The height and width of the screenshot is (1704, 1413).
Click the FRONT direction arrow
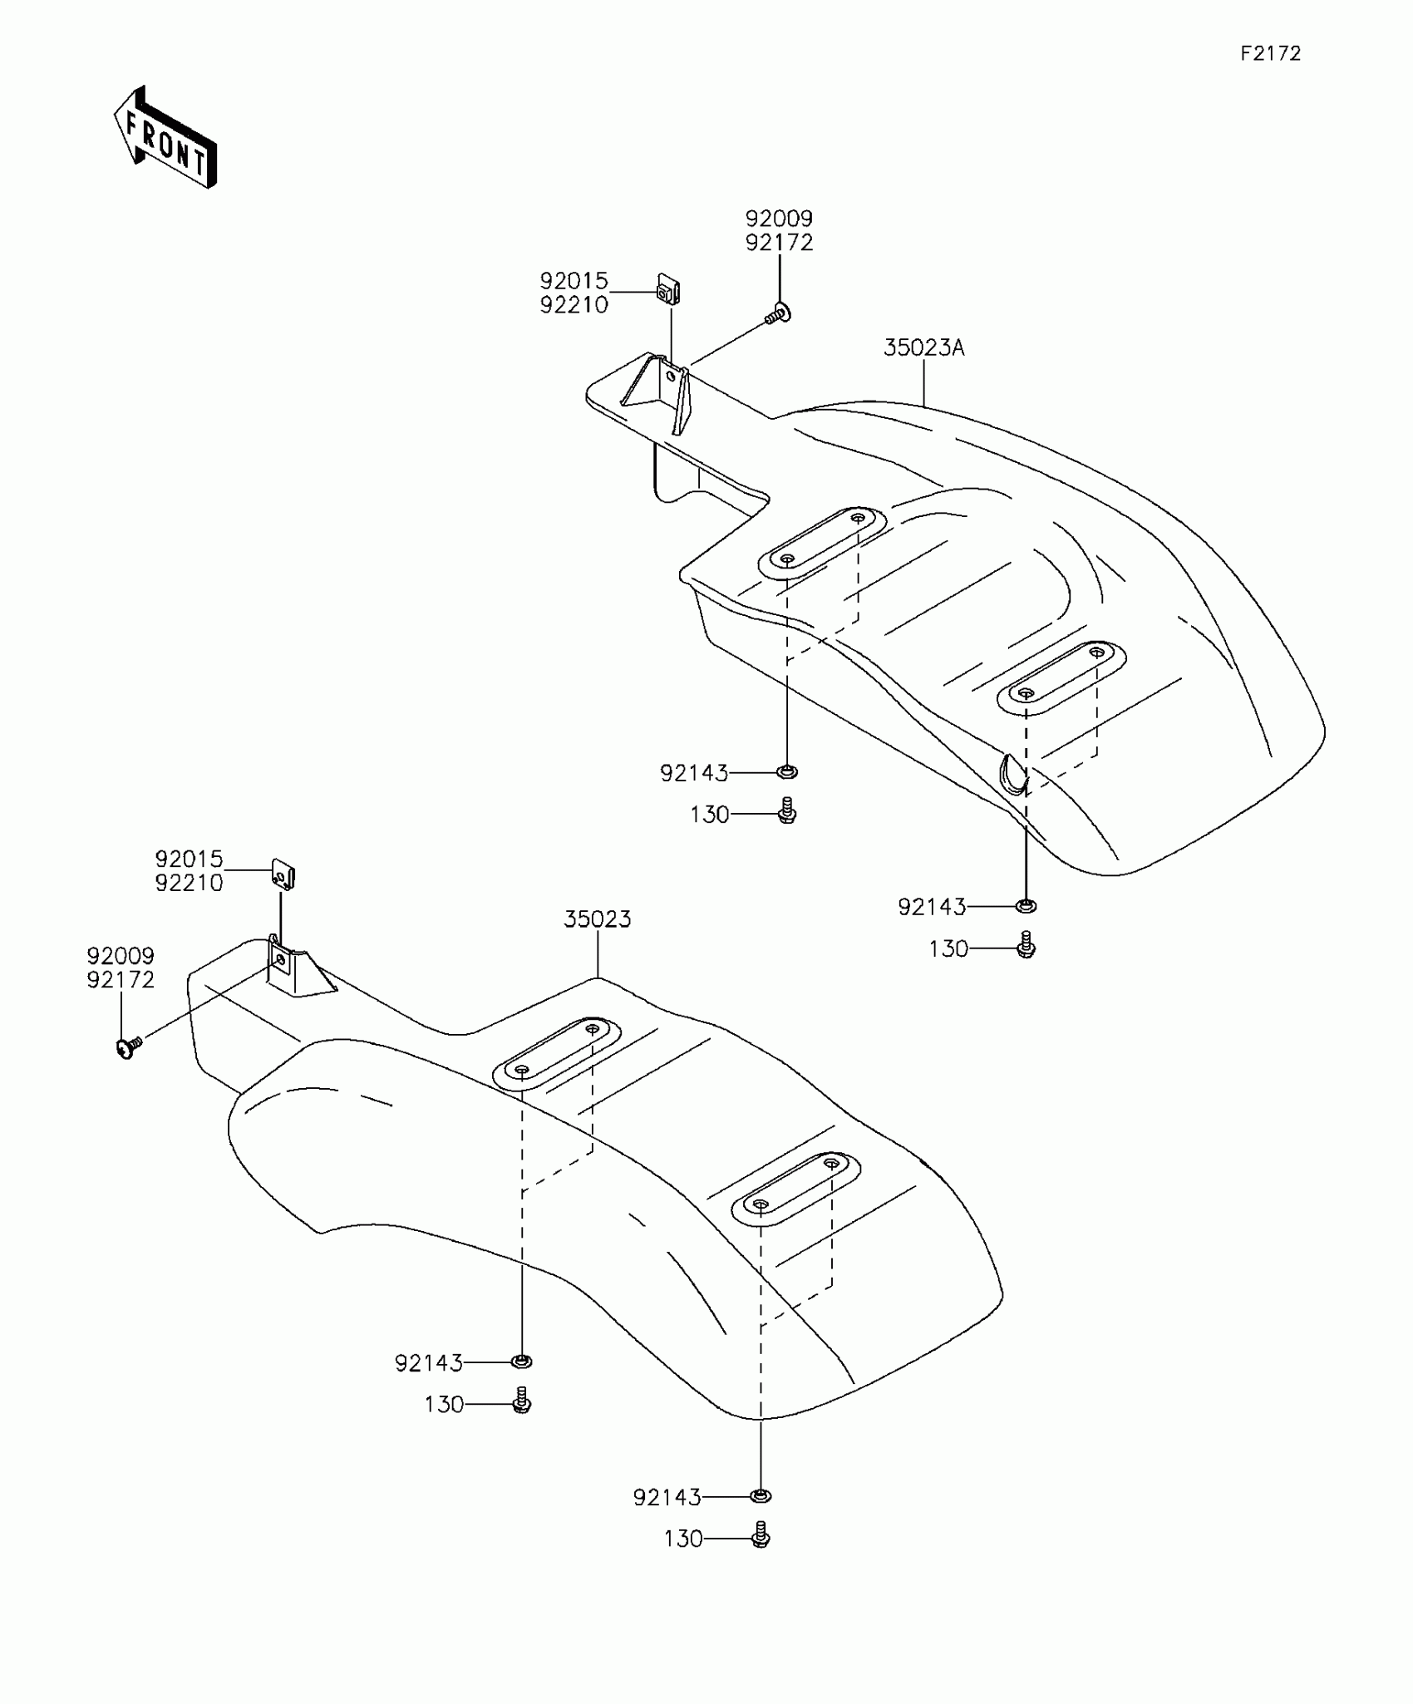pos(165,138)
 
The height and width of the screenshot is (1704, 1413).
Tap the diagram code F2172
pos(1270,54)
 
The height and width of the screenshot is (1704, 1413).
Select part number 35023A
pos(923,347)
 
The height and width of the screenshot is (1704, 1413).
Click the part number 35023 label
pos(597,919)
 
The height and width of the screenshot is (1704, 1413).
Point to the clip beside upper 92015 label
pos(669,291)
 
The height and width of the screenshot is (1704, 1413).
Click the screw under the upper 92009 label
pos(778,314)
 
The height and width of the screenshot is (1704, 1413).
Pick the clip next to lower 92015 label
pos(283,875)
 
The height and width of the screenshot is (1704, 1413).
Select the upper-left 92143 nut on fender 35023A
pos(786,772)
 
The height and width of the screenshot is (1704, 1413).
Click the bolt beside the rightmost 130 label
pos(1026,946)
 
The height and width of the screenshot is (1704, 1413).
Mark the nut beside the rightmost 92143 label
pos(1027,905)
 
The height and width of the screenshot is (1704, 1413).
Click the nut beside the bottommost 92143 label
pos(760,1496)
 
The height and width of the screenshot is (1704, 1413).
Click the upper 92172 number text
pos(779,243)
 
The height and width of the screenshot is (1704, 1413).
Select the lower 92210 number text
pos(189,883)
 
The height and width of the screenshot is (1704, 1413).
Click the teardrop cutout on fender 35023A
pos(1012,774)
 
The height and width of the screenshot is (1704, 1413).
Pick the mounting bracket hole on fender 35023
pos(280,960)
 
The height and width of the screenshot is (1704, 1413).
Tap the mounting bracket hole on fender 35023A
pos(670,375)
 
